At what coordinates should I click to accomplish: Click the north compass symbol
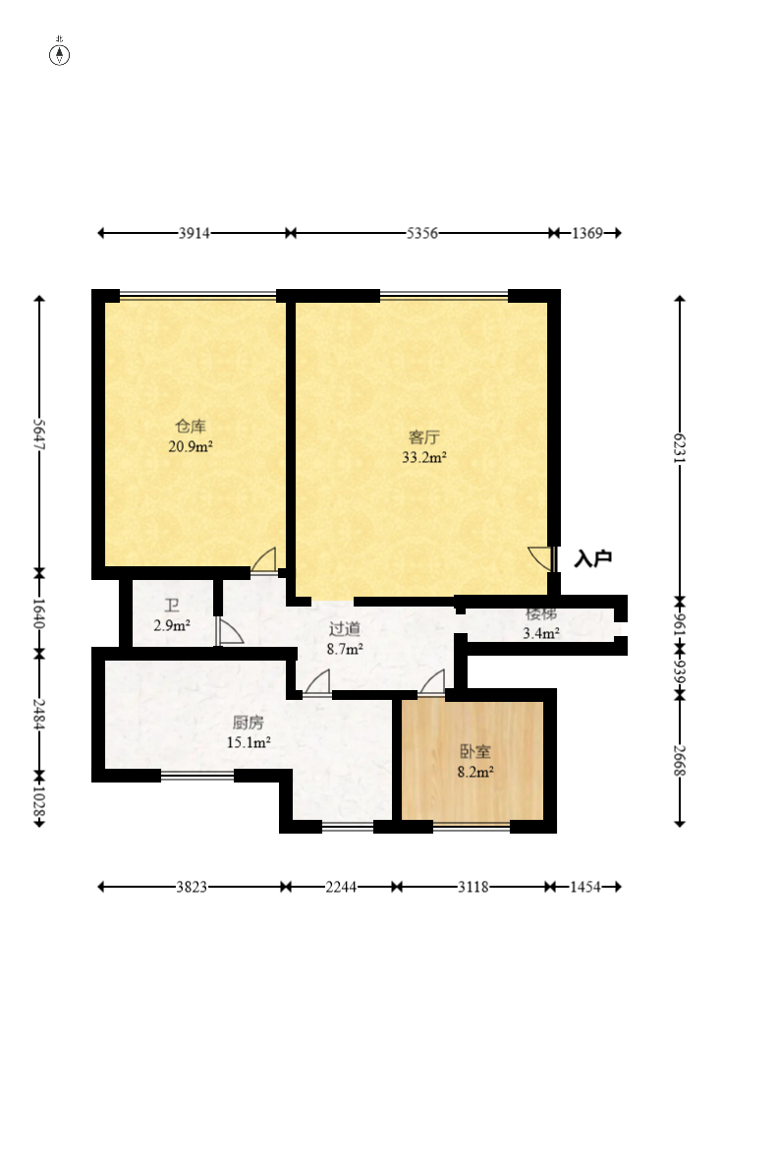[59, 54]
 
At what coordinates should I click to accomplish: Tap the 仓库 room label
[191, 426]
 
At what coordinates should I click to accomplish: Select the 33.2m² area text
[423, 457]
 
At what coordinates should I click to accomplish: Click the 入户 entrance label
[593, 558]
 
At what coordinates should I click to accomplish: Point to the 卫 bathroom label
[172, 607]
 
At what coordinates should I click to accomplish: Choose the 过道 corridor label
[345, 629]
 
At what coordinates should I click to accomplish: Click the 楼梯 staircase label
[541, 613]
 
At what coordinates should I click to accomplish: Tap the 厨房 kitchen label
[248, 723]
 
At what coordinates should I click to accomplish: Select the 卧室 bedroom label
[475, 752]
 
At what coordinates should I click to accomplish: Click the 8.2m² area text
[475, 773]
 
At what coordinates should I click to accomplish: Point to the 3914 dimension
[194, 233]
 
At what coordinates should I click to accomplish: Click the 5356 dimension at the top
[422, 233]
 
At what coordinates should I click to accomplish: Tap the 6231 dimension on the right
[680, 447]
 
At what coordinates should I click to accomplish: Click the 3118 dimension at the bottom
[473, 887]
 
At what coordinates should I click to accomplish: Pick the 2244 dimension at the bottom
[341, 887]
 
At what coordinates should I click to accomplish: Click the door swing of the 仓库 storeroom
[264, 559]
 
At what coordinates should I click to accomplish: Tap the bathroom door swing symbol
[229, 631]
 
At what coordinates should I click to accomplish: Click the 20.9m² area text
[191, 446]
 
